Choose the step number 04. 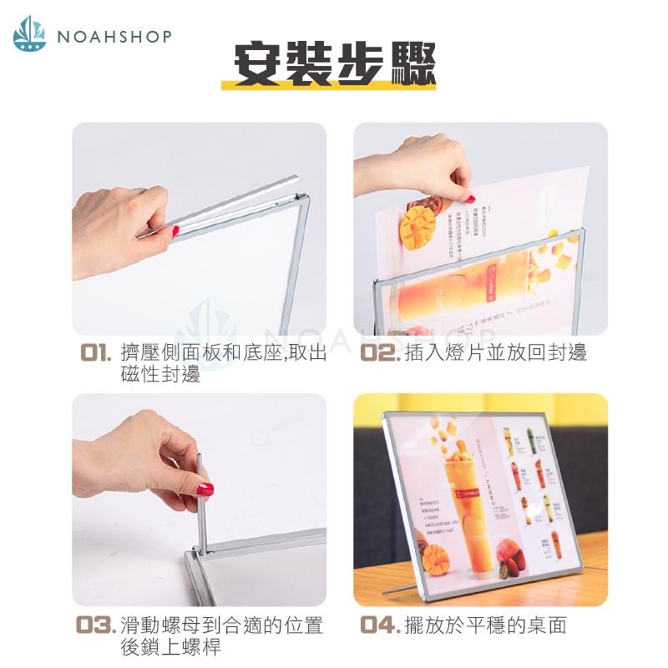coord(381,625)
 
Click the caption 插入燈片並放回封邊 coord(495,352)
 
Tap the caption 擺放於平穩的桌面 coord(484,625)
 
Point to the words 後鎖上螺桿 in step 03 coord(170,646)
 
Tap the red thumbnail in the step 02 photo coord(471,199)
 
